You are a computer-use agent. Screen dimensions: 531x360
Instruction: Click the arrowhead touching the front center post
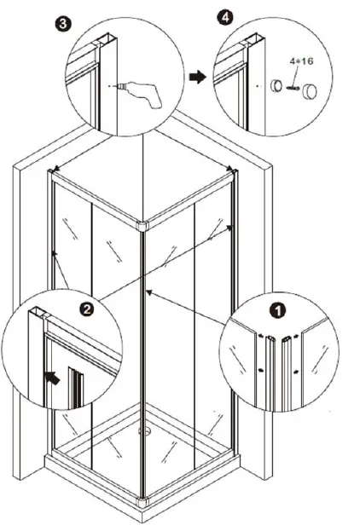[149, 292]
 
